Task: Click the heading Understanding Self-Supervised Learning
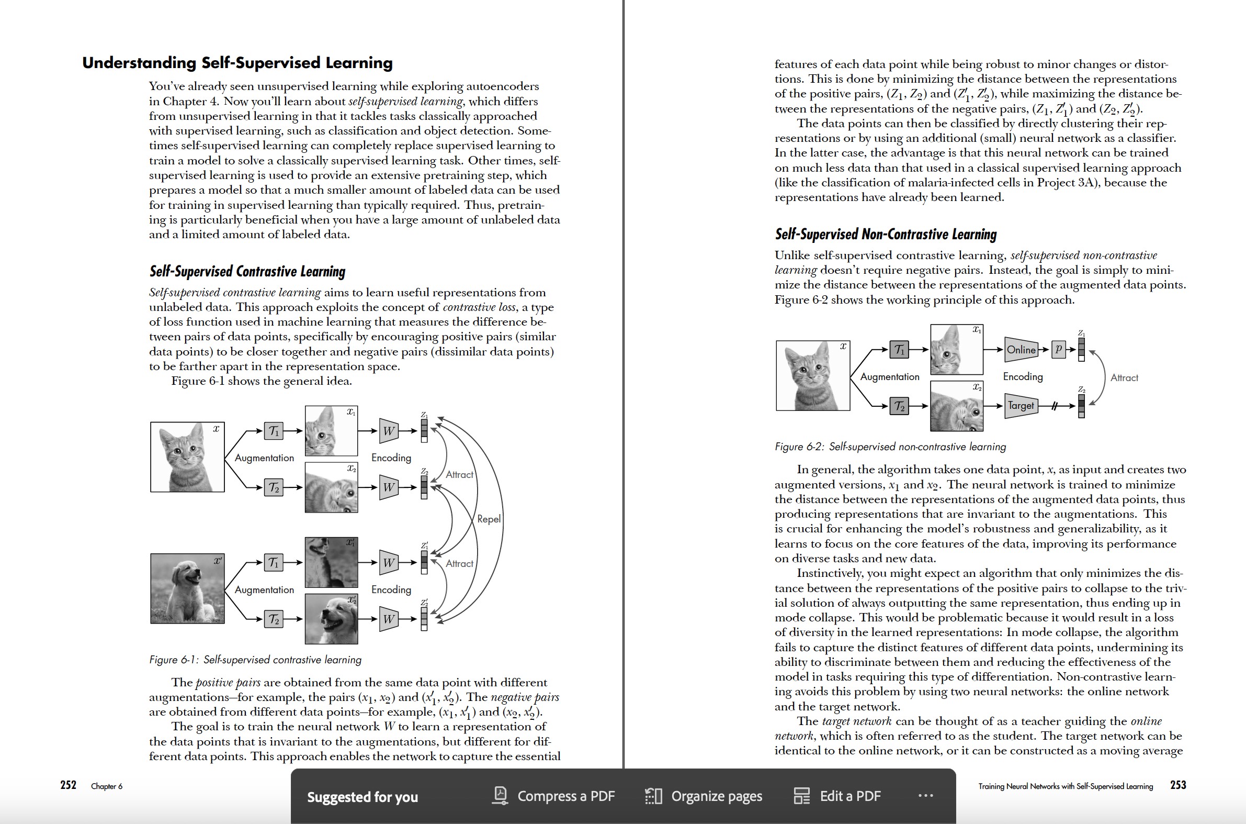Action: (x=237, y=62)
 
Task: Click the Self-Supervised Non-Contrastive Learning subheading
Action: (x=885, y=235)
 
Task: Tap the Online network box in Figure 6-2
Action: (x=1021, y=350)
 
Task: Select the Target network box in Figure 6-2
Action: (x=1020, y=406)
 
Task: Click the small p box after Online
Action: (x=1059, y=349)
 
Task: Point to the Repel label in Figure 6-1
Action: (x=489, y=519)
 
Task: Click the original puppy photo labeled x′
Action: (x=187, y=588)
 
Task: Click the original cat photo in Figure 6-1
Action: (x=187, y=456)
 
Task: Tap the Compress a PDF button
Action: (x=554, y=796)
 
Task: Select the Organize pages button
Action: (x=704, y=796)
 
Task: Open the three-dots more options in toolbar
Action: (x=926, y=796)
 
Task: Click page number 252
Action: (x=68, y=785)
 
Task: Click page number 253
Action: (x=1178, y=785)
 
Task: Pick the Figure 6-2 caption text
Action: (x=890, y=447)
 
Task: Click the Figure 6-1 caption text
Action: (x=255, y=660)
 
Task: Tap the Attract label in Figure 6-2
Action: (x=1124, y=378)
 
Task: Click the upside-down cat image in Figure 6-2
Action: (x=956, y=406)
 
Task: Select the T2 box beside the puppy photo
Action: (x=274, y=619)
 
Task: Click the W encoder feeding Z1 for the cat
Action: (x=388, y=431)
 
